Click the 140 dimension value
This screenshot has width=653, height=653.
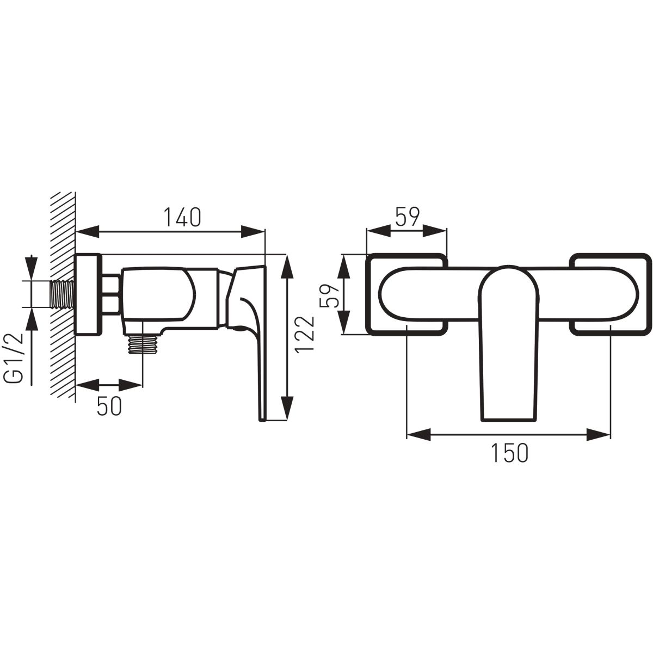point(182,217)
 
